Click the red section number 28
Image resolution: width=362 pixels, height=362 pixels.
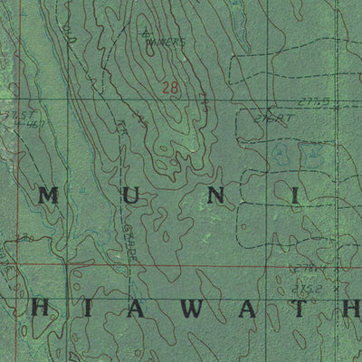click(x=170, y=88)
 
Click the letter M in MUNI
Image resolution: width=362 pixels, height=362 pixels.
click(x=50, y=195)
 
